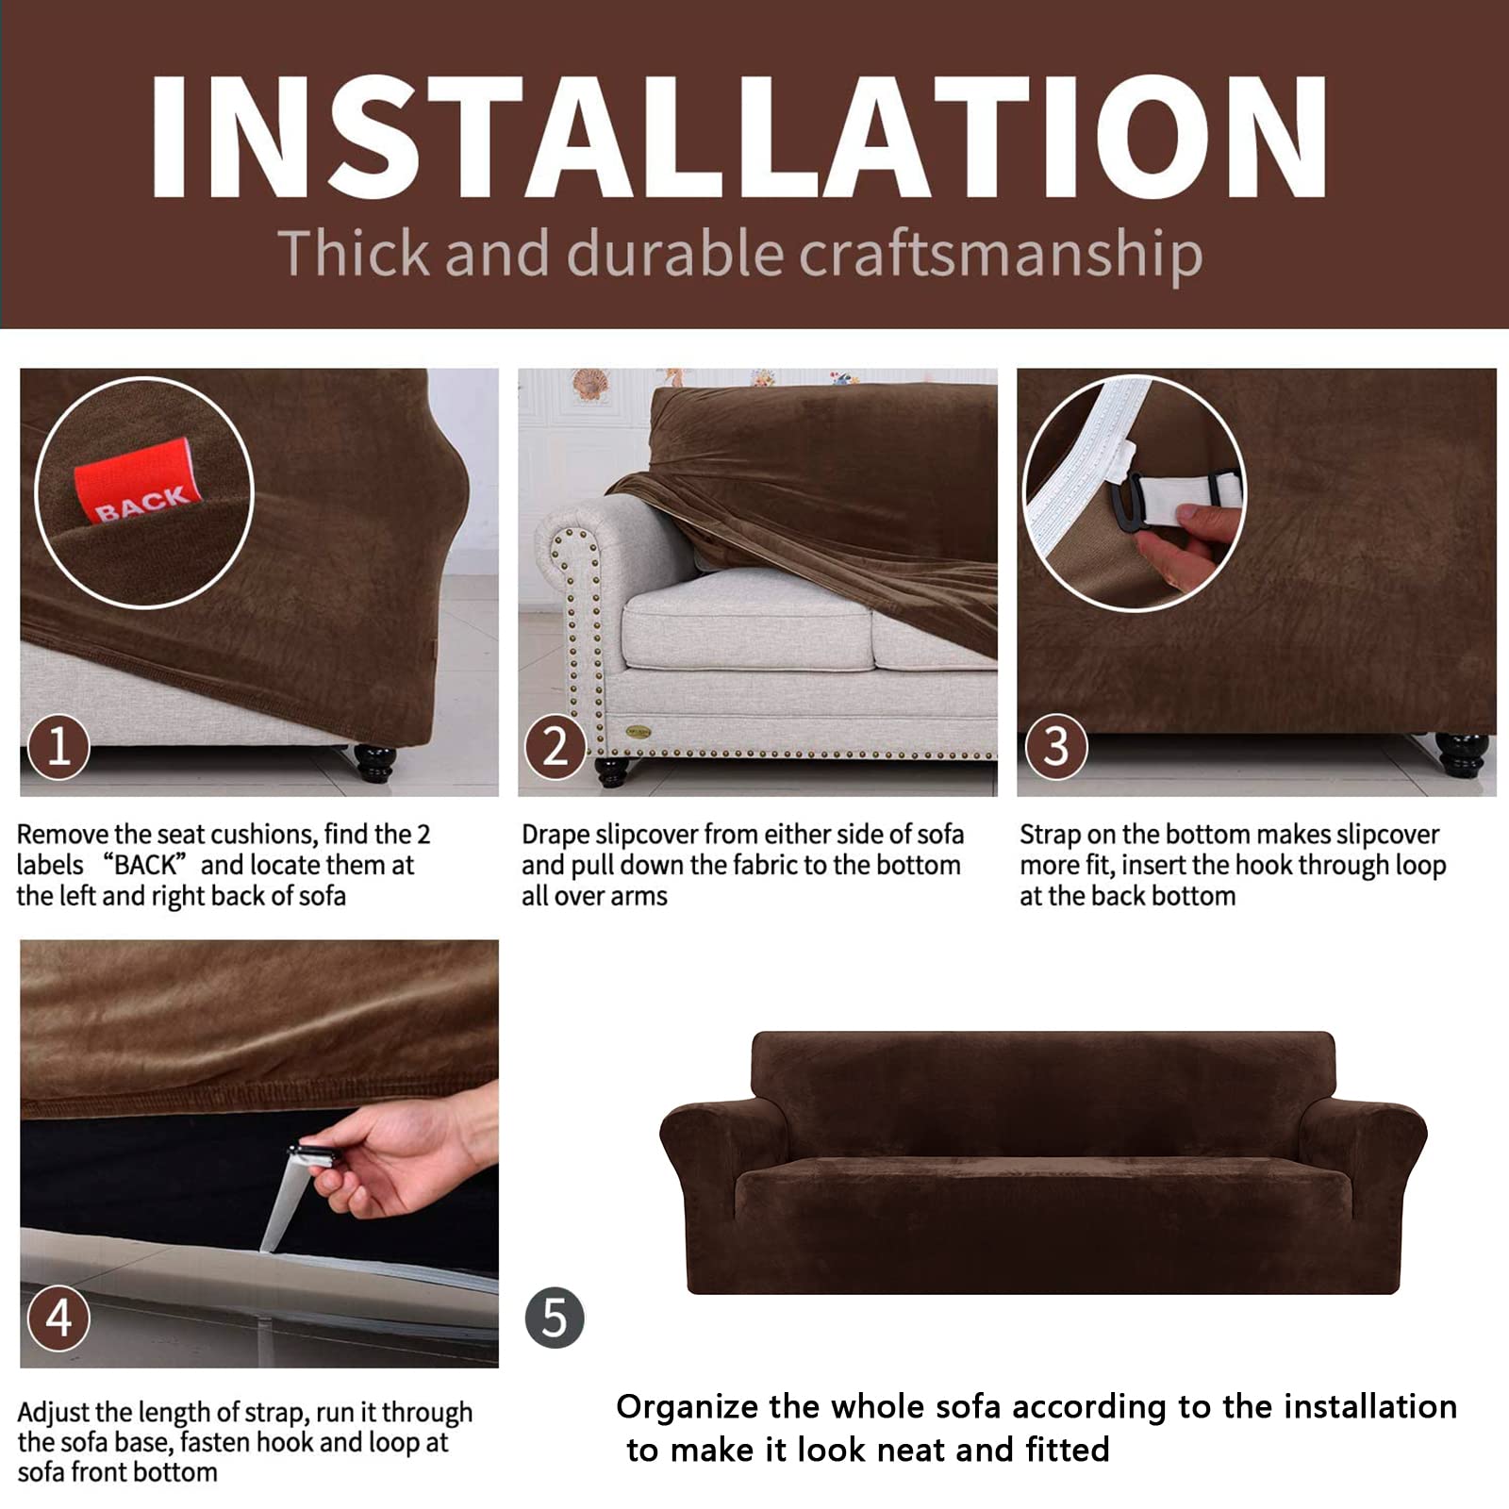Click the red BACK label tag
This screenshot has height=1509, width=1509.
click(x=138, y=485)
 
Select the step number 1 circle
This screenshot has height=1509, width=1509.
click(x=58, y=748)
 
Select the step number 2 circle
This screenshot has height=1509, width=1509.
click(x=556, y=748)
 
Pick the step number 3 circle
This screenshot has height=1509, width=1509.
click(x=1056, y=748)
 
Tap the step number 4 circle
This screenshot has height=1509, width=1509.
click(x=58, y=1318)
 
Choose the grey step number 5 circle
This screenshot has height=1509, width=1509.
click(x=555, y=1318)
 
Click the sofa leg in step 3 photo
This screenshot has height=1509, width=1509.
click(x=1462, y=754)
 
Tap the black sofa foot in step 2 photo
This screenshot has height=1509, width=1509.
click(x=612, y=771)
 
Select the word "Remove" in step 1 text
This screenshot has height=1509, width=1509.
click(x=62, y=835)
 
